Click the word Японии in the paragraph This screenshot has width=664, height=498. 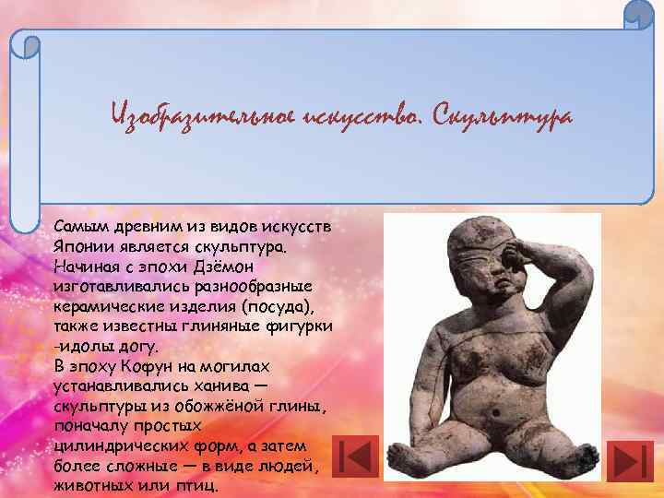82,247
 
